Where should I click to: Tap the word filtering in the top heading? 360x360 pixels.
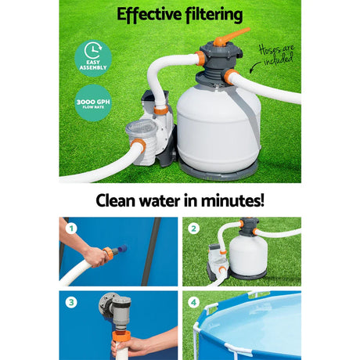coord(212,14)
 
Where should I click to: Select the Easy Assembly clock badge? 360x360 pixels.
coord(92,56)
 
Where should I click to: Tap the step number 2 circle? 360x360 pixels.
coord(193,230)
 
